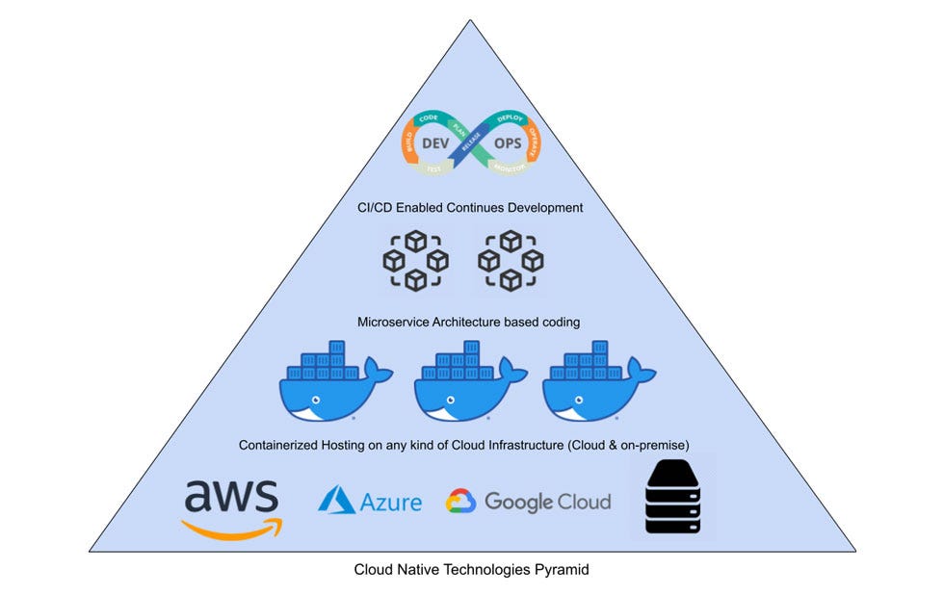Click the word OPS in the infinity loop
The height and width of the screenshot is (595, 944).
pos(507,142)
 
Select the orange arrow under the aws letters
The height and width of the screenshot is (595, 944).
pos(232,528)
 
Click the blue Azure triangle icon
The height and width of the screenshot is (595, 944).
pos(337,500)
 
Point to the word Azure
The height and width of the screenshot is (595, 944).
pos(391,502)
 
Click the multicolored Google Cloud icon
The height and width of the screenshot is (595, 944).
pos(461,502)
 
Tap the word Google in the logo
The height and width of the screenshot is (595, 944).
pos(518,502)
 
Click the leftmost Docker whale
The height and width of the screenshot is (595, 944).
pos(334,381)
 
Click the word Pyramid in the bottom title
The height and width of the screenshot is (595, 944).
pos(562,570)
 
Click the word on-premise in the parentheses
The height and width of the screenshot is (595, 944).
pos(657,445)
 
